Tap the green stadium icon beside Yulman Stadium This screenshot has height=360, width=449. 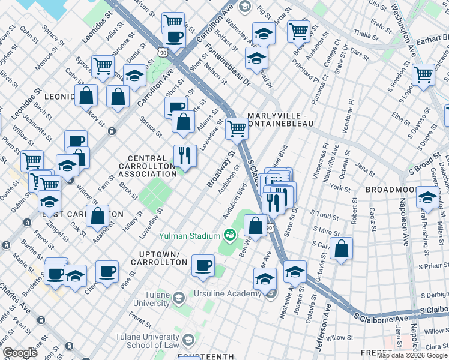click(x=229, y=235)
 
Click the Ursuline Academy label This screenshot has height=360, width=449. click(x=227, y=293)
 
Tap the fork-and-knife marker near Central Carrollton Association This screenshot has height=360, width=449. click(x=185, y=156)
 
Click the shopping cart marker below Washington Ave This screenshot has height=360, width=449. click(x=424, y=75)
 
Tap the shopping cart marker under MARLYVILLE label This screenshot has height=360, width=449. click(x=237, y=128)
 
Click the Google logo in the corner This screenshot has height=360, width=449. click(x=20, y=353)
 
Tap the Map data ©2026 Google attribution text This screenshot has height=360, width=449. click(x=412, y=355)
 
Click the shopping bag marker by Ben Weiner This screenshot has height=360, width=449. click(x=255, y=226)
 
